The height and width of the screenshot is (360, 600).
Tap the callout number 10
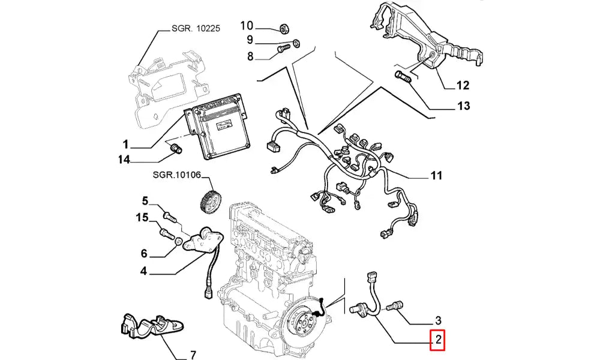point(247,26)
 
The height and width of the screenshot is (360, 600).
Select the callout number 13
point(463,106)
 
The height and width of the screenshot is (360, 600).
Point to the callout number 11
point(436,176)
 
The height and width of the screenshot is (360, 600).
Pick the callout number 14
point(124,160)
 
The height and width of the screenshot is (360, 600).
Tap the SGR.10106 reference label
point(175,175)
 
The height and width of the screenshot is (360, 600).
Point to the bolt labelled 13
point(402,77)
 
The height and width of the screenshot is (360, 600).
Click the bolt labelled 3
point(395,307)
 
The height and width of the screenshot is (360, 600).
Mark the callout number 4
point(143,271)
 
